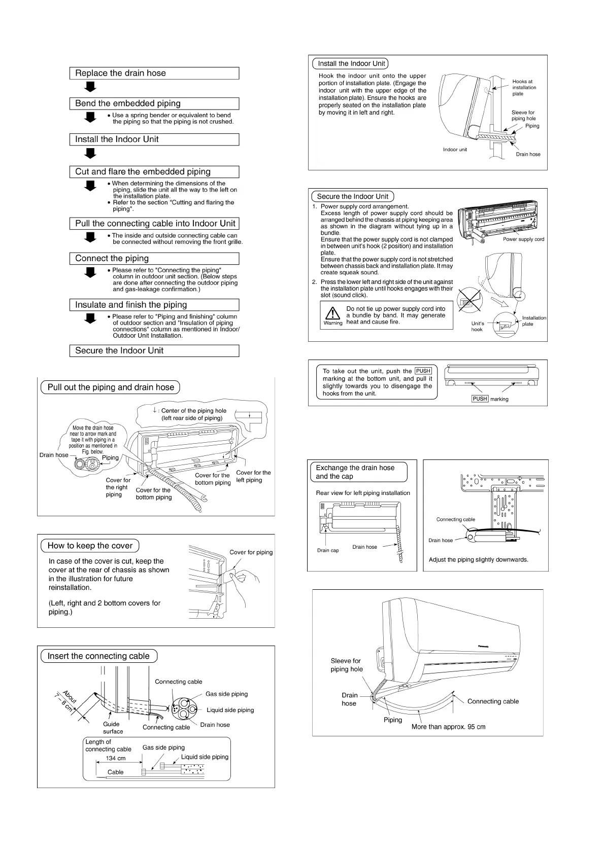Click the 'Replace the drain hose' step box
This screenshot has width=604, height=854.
click(x=154, y=73)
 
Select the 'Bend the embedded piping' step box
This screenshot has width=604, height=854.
click(x=154, y=103)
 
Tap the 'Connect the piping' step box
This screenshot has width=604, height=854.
click(x=154, y=259)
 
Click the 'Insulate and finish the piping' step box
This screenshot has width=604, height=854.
click(x=154, y=305)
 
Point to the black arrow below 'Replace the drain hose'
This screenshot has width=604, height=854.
click(x=90, y=87)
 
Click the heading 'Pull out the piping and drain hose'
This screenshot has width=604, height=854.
click(x=110, y=387)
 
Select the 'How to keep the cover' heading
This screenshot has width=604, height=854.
click(x=90, y=546)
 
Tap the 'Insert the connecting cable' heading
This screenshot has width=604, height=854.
click(x=98, y=656)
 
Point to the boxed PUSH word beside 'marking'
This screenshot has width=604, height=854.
click(x=480, y=399)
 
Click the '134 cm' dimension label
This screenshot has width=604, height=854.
click(x=116, y=759)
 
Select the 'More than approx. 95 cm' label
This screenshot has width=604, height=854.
click(x=448, y=727)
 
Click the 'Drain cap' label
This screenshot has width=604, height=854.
click(x=328, y=550)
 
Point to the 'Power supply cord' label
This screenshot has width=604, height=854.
click(x=523, y=239)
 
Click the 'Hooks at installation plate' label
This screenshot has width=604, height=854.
click(x=524, y=88)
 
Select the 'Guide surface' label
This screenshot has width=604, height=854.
click(x=112, y=728)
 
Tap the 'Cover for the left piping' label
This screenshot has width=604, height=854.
click(x=253, y=476)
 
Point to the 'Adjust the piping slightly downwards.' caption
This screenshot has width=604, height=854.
click(x=478, y=560)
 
